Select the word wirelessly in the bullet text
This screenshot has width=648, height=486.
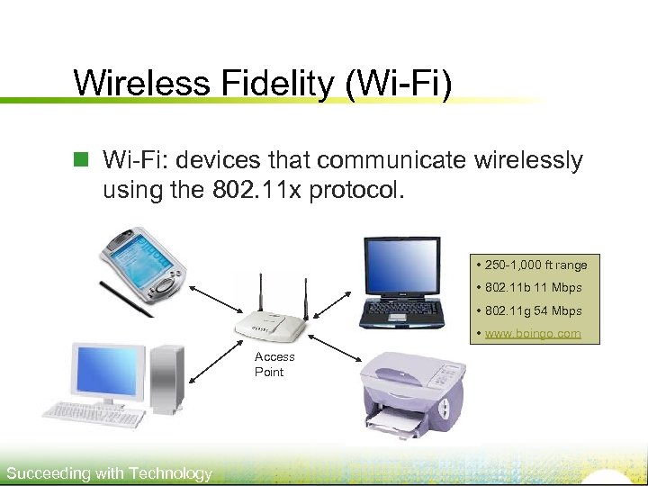coord(517,160)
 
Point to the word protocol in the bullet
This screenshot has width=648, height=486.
coord(357,192)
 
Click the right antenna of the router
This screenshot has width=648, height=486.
coord(304,292)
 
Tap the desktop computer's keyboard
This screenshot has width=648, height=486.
coord(94,413)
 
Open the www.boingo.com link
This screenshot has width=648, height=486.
coord(533,334)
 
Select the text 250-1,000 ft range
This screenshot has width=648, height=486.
coord(535,265)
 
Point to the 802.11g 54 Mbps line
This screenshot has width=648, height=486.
coord(533,310)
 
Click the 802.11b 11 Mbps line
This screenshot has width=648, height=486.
coord(533,288)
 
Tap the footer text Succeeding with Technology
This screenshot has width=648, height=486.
coord(109,473)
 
